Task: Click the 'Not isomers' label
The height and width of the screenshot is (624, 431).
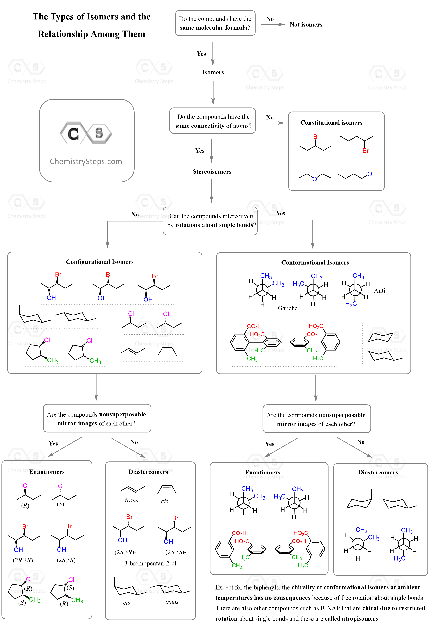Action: click(x=306, y=25)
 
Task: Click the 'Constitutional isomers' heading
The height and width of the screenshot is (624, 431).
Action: click(x=331, y=123)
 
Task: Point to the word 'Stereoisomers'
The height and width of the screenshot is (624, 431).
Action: click(x=212, y=172)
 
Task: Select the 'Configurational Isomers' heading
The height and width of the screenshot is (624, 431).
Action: click(x=100, y=262)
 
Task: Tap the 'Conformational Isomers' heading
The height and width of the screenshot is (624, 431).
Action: click(x=315, y=262)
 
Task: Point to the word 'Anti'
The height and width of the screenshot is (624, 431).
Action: click(x=379, y=291)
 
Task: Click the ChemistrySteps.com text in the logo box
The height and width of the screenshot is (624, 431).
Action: click(x=86, y=161)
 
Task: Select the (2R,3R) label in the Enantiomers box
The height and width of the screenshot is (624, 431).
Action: click(x=23, y=560)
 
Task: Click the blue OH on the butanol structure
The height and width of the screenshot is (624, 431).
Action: click(x=372, y=174)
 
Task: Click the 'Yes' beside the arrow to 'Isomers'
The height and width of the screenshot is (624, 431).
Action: click(x=201, y=54)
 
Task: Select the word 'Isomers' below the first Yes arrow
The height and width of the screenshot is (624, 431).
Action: click(x=213, y=73)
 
